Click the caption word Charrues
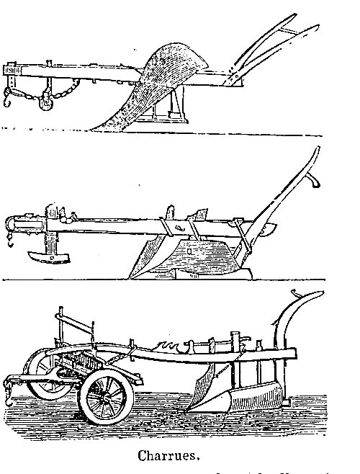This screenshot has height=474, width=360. point(168,455)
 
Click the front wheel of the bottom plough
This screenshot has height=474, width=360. point(106,397)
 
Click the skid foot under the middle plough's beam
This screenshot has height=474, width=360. point(48,257)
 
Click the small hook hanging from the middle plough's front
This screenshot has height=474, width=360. point(11,241)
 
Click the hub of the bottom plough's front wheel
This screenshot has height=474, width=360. point(106,397)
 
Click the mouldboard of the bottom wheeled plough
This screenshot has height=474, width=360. point(254,396)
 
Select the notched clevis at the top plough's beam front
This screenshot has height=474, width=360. point(12,70)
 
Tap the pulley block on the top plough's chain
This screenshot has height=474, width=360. point(46,101)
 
